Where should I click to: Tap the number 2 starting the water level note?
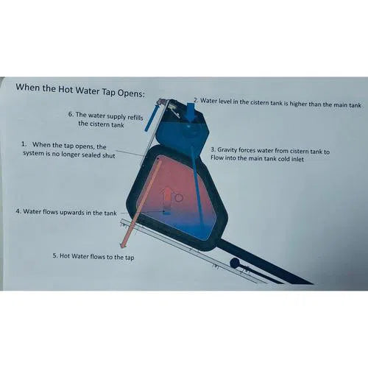pyautogui.click(x=195, y=99)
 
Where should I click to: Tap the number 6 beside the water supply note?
pyautogui.click(x=70, y=115)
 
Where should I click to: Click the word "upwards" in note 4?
pyautogui.click(x=64, y=213)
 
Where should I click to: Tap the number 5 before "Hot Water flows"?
pyautogui.click(x=54, y=256)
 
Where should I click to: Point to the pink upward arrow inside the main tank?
pyautogui.click(x=167, y=198)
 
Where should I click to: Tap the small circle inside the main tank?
pyautogui.click(x=178, y=198)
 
